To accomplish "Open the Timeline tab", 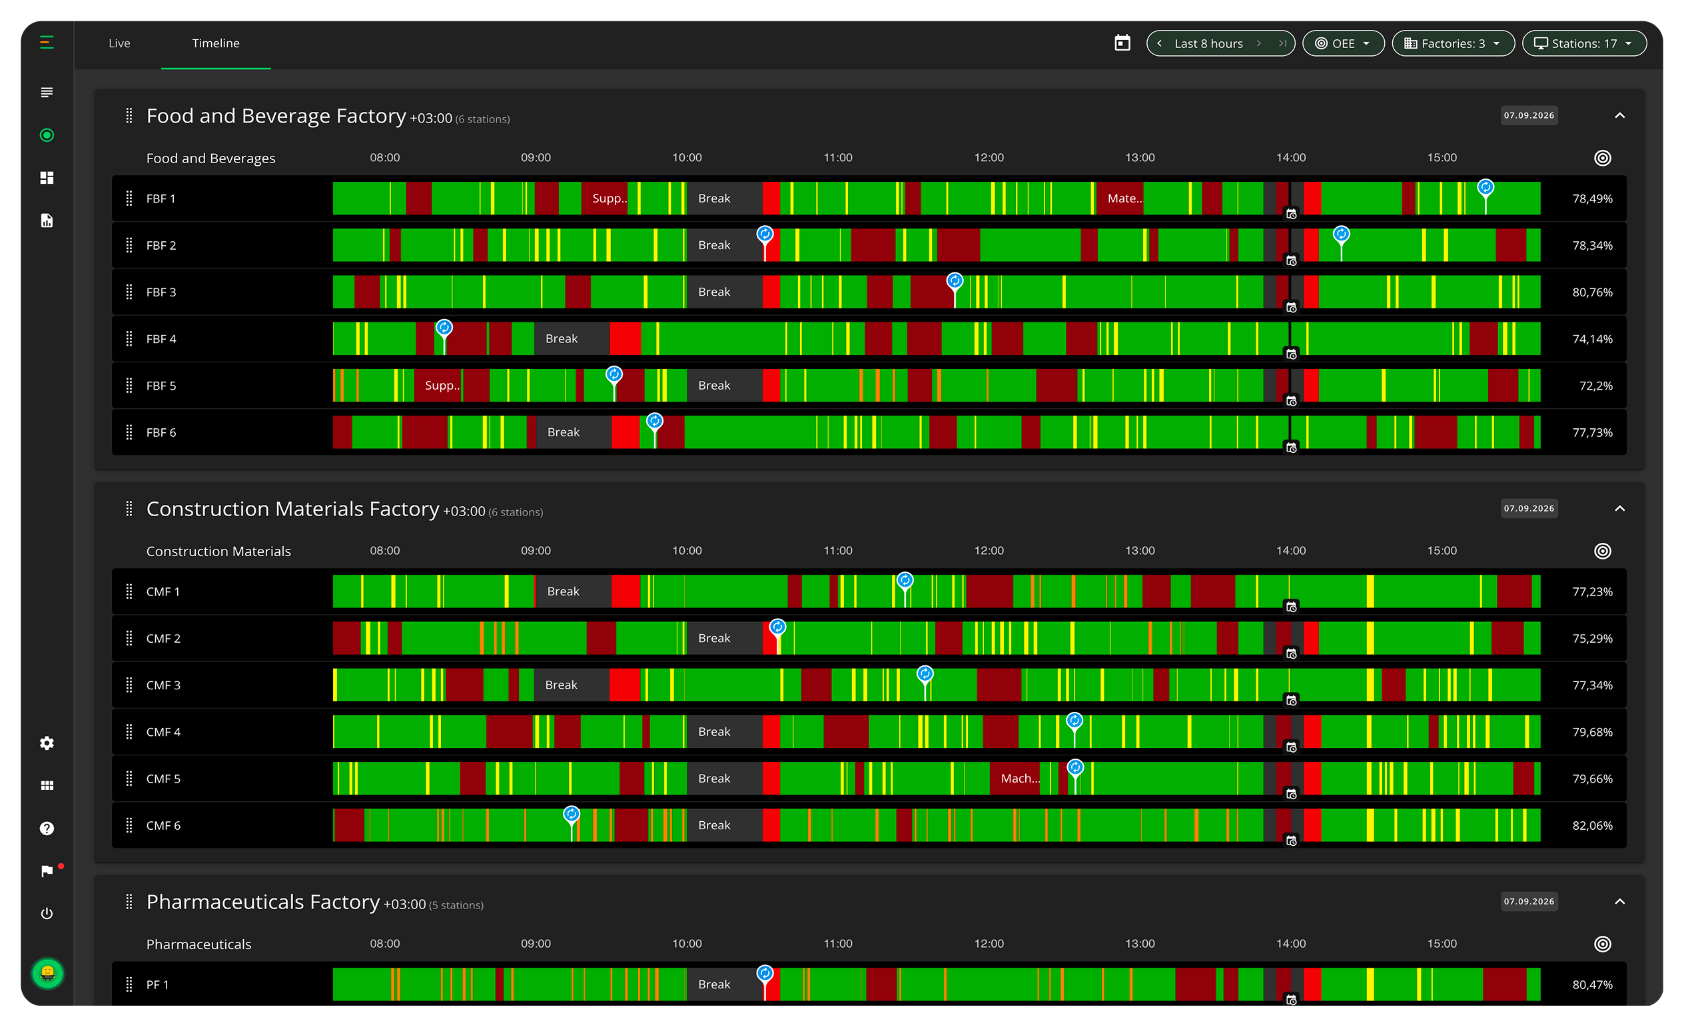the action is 215,43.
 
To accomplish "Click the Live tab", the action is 119,43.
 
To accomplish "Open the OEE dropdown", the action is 1343,44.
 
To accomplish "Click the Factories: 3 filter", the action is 1453,44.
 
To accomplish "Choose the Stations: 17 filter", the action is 1583,44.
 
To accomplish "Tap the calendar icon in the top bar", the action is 1122,43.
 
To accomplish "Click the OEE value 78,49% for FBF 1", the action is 1591,199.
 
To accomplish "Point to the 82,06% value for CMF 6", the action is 1591,825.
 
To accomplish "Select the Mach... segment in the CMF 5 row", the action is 1021,779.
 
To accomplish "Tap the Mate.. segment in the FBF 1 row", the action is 1121,199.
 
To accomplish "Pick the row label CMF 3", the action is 163,685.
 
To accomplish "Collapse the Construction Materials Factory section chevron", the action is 1619,508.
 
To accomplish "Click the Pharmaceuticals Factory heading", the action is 262,902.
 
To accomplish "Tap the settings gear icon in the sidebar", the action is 47,743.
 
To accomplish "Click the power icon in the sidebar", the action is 47,914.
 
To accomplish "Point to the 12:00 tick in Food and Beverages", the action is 989,158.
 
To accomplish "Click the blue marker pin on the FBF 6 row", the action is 655,422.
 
